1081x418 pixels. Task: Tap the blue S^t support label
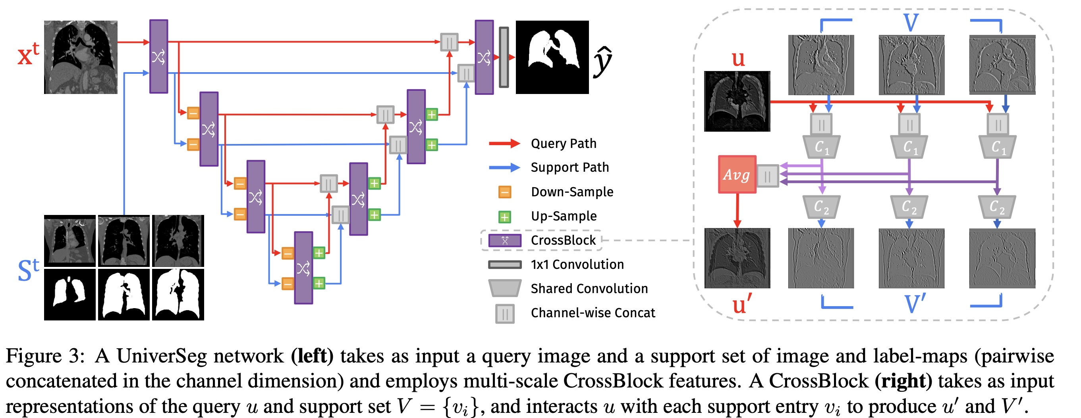click(x=28, y=270)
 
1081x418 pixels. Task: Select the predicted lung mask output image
click(x=552, y=57)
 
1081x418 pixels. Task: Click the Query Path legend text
click(x=563, y=144)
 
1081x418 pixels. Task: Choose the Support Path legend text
click(x=569, y=168)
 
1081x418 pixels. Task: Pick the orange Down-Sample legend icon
click(x=504, y=192)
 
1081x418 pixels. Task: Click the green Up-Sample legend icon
click(x=504, y=217)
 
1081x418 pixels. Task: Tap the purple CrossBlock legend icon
click(x=505, y=241)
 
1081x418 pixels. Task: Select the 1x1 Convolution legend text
click(x=577, y=265)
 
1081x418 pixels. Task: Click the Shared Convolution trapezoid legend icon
click(x=505, y=288)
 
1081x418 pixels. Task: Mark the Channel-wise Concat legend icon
click(x=505, y=313)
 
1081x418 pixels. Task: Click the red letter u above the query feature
click(x=738, y=59)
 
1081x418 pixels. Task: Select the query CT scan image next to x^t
click(x=81, y=57)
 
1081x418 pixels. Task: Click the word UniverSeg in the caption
click(x=162, y=357)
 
